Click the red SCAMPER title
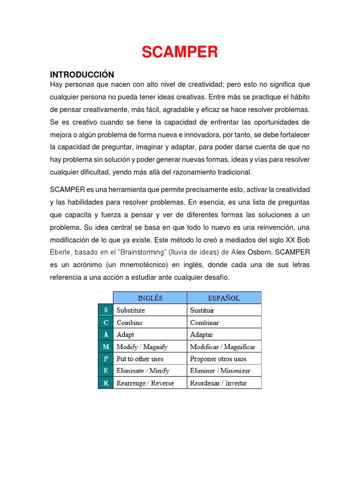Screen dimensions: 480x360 pos(180,52)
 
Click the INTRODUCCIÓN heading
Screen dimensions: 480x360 pos(82,75)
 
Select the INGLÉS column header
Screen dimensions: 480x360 pos(150,298)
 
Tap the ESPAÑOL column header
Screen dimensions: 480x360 pos(224,298)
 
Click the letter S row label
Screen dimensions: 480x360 pos(105,310)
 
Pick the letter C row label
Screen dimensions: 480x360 pos(105,322)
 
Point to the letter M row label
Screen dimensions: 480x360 pos(105,347)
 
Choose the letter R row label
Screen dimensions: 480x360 pos(105,383)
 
